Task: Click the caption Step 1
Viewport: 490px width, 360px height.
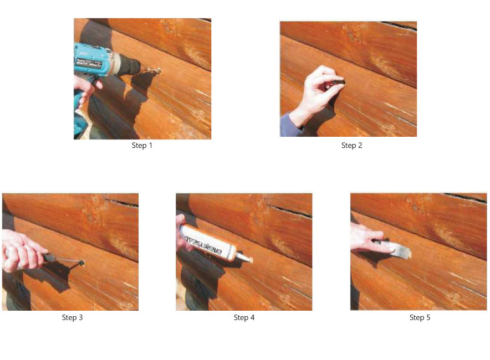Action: point(142,146)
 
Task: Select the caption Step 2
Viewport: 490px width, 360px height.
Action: point(351,146)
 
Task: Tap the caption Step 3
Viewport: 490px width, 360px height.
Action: point(72,317)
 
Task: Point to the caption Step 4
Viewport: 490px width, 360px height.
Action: point(244,317)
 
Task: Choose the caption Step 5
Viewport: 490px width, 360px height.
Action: point(420,317)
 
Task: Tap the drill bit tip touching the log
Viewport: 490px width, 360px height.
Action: point(160,70)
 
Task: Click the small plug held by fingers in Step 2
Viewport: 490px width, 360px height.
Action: point(339,82)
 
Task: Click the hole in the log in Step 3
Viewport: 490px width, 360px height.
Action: point(82,263)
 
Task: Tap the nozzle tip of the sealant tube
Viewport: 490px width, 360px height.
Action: point(249,259)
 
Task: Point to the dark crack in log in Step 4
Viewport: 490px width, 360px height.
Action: point(289,211)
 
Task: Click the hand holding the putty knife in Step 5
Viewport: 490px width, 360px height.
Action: point(369,239)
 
